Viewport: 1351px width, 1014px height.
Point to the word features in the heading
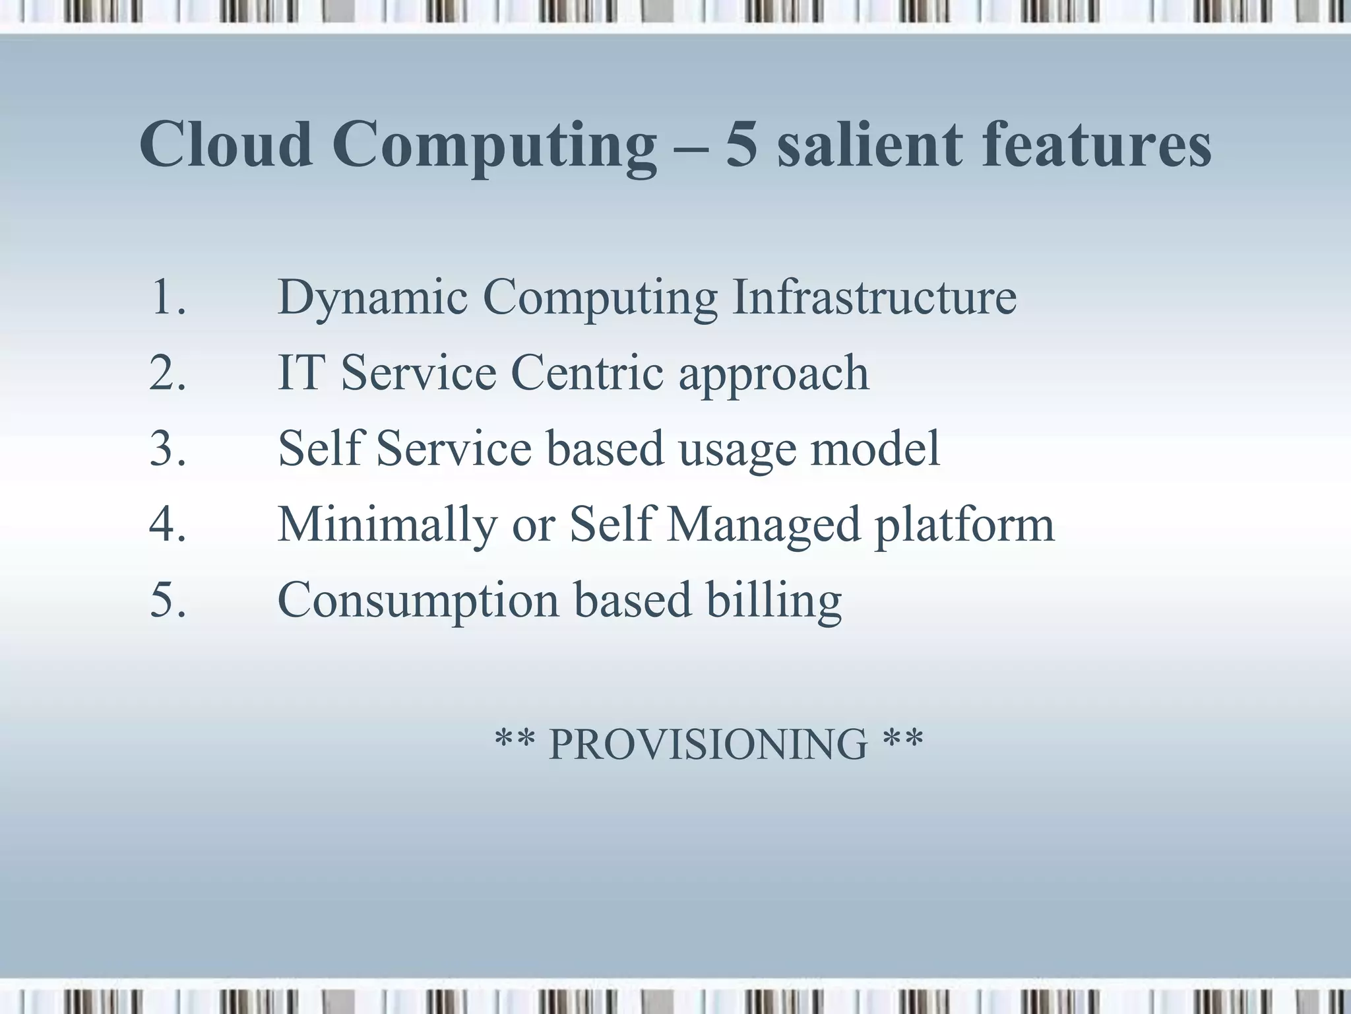point(1096,145)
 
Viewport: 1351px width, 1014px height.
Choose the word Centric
point(587,373)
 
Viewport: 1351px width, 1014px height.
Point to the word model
point(875,448)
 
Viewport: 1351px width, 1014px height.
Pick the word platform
point(964,525)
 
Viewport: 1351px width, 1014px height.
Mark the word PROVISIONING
point(708,745)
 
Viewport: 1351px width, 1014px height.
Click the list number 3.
point(168,449)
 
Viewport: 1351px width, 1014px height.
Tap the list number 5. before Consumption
point(168,600)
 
